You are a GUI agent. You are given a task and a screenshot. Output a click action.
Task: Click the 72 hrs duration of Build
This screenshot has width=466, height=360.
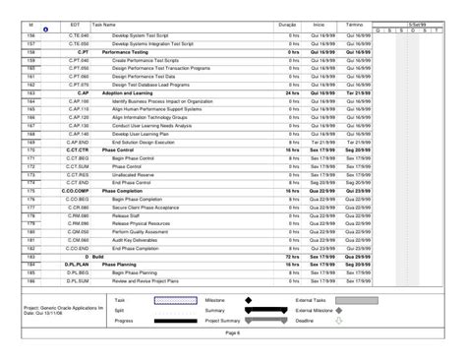point(292,256)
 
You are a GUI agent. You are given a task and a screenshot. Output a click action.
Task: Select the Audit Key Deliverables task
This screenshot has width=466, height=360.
point(137,239)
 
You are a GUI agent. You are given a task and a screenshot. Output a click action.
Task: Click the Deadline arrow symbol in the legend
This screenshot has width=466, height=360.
point(338,321)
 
